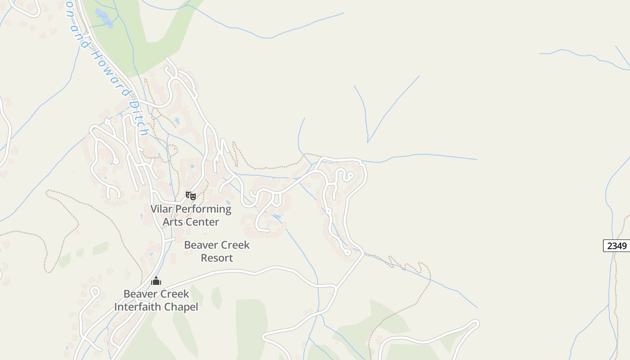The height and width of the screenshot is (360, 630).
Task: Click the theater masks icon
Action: coord(191,196)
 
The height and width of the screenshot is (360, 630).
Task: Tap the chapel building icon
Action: coord(156,281)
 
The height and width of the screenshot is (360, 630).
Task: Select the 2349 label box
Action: coord(616,246)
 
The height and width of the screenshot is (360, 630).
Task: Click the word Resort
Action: coord(217,258)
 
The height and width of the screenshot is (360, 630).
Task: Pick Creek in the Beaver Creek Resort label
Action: coord(235,245)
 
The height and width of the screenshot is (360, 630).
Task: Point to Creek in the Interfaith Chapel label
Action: coord(174,294)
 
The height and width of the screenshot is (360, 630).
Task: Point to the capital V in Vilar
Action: coord(154,209)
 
